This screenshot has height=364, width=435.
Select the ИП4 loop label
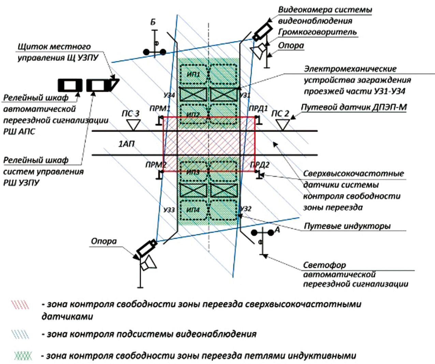point(193,210)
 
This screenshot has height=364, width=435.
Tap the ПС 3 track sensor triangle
point(133,125)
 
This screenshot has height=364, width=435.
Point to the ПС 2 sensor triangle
point(282,125)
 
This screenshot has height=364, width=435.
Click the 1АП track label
point(127,144)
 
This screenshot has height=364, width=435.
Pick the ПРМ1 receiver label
point(159,109)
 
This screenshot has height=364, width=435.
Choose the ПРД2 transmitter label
point(260,165)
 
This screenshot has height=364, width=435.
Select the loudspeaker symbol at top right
point(259,50)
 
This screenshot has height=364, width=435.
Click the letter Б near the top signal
point(153,23)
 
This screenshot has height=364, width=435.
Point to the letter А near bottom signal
point(277,230)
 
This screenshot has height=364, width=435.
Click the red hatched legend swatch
point(20,304)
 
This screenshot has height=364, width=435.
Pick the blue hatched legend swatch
point(20,334)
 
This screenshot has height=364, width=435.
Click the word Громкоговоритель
point(317,32)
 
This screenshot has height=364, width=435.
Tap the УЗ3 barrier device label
point(169,210)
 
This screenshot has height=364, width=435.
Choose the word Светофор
point(324,265)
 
